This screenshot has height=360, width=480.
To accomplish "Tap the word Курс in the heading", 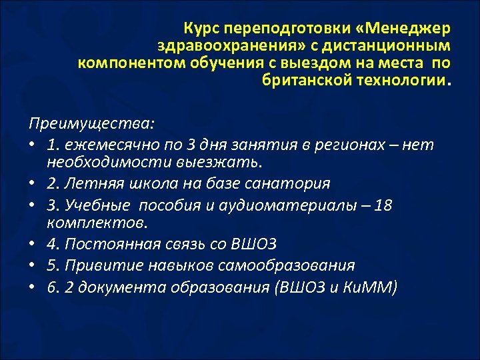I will (x=202, y=29).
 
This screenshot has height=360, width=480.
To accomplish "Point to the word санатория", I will (x=289, y=183).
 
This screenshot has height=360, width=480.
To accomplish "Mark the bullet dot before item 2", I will (x=33, y=183).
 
